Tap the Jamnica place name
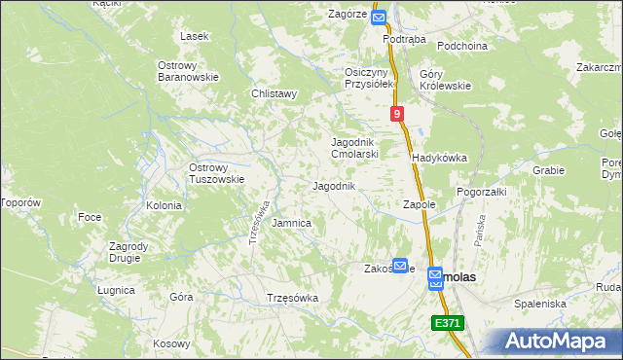(291, 223)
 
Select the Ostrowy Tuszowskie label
(216, 173)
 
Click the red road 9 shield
(398, 115)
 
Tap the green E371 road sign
(448, 323)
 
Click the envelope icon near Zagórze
(379, 17)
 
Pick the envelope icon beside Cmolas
(435, 279)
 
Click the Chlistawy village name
(274, 94)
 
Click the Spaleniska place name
(541, 304)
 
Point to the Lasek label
(195, 36)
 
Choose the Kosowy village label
(171, 343)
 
